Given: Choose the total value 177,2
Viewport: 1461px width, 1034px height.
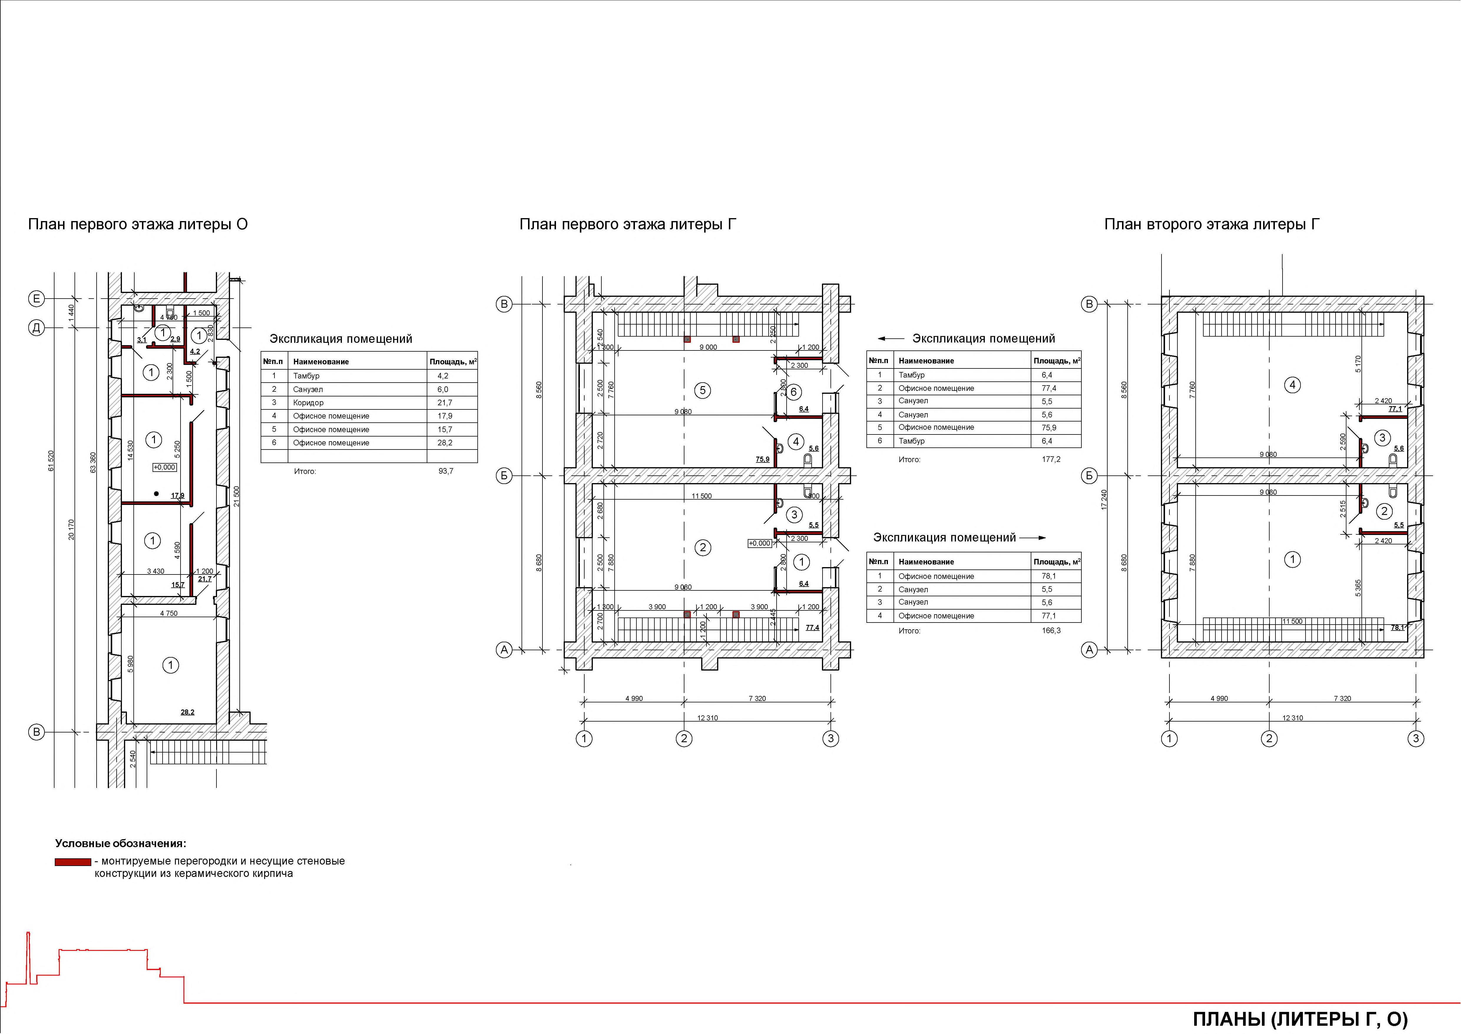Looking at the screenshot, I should point(1051,459).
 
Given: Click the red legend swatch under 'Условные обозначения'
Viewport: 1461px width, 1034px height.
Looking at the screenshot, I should point(72,862).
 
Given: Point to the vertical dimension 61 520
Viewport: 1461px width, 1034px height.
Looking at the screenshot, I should point(51,461).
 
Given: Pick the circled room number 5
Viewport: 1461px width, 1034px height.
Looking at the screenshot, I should point(702,390).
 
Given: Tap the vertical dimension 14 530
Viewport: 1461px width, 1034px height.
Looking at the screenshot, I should point(130,450).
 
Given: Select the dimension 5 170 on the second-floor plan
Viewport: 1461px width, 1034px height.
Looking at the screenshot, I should point(1359,364).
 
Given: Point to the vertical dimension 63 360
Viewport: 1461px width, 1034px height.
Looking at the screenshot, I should point(93,463).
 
